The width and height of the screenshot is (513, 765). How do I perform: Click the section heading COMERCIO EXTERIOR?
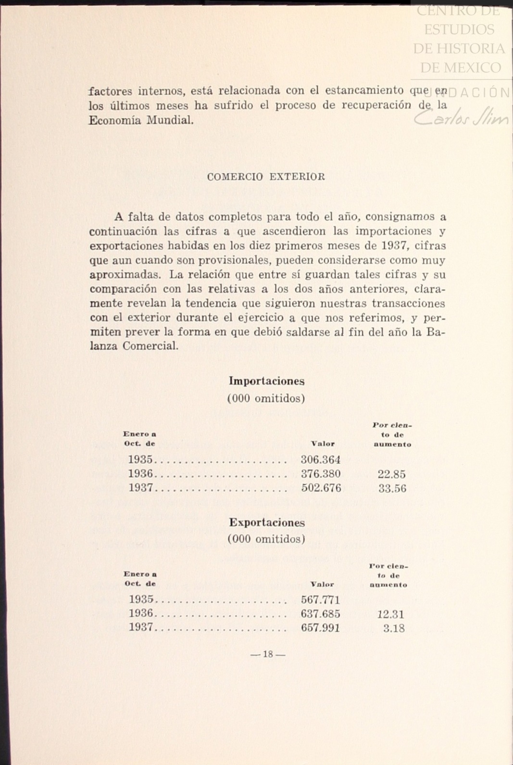click(266, 177)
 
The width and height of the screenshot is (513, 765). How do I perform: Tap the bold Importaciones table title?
click(266, 381)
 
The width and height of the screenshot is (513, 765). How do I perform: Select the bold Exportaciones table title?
click(266, 522)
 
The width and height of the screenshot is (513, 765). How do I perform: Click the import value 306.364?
click(320, 459)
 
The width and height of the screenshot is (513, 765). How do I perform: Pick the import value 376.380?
click(321, 474)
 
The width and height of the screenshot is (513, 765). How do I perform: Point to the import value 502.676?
click(321, 488)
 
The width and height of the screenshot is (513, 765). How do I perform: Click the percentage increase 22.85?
click(391, 474)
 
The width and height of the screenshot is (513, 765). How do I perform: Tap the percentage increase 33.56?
click(392, 489)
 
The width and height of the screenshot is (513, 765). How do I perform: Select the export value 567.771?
click(320, 600)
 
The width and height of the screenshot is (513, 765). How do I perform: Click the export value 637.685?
click(320, 614)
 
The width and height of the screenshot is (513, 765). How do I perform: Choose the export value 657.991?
click(320, 628)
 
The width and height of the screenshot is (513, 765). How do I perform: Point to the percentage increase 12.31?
click(390, 614)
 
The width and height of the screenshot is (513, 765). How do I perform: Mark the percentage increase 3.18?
click(394, 628)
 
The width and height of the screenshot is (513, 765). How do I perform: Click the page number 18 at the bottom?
click(268, 654)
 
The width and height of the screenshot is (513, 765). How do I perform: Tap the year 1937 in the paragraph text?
click(394, 246)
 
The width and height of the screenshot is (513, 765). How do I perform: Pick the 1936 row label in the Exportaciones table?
click(141, 614)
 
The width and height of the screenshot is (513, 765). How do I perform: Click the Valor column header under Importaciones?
click(323, 444)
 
